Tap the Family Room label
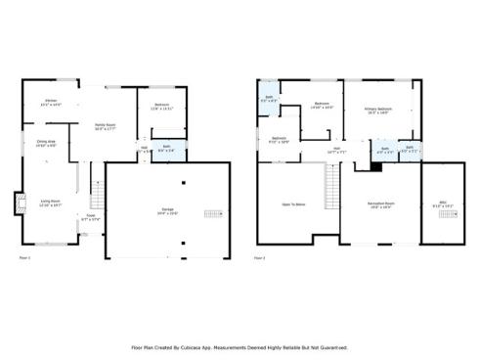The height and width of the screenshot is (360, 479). coord(106,126)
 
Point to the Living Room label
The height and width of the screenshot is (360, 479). coord(51,203)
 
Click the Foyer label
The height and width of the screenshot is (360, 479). coord(90,218)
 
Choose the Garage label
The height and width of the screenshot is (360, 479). coord(168,211)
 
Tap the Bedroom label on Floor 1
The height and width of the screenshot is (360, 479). coord(162,107)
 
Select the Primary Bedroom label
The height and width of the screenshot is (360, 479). coord(378,111)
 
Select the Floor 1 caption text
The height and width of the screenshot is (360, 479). coord(25,258)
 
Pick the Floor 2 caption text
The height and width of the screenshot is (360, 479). coord(260,258)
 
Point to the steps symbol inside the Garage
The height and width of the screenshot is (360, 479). coord(213,213)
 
